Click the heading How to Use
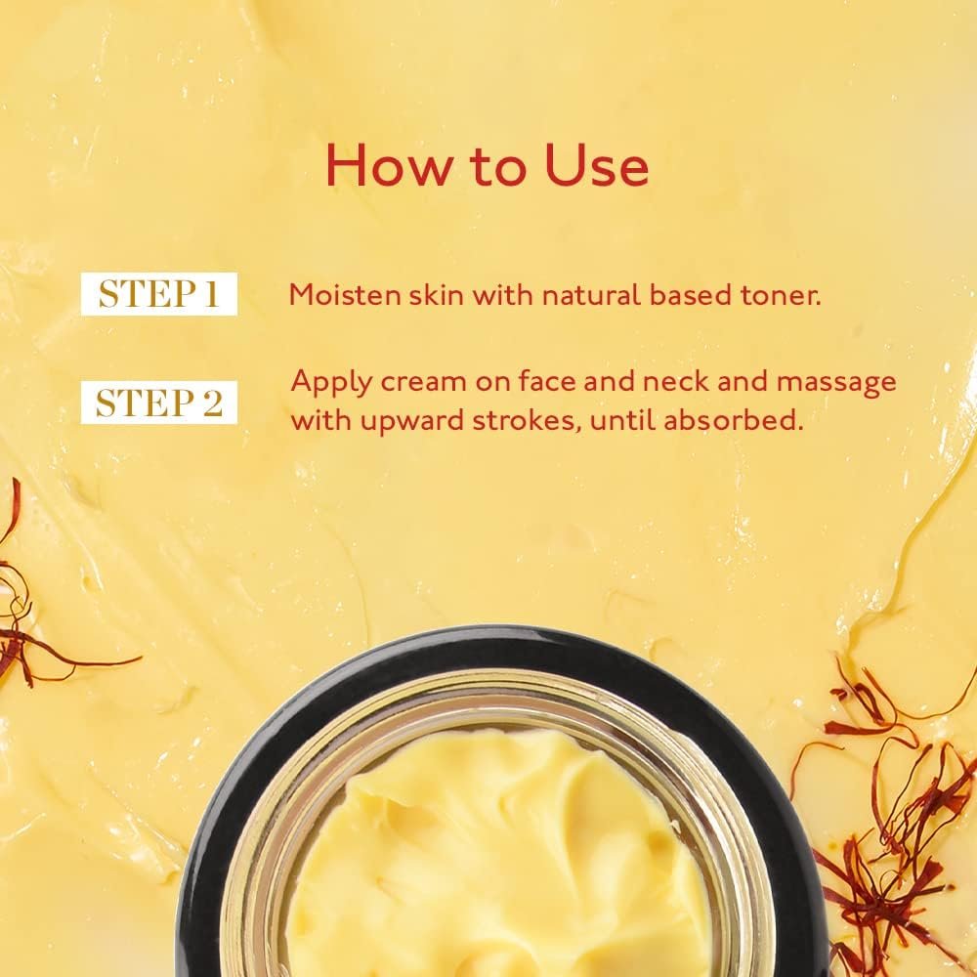(x=487, y=165)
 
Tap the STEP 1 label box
(x=158, y=294)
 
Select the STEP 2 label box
(x=158, y=403)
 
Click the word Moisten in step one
(x=334, y=295)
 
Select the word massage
(x=836, y=382)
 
